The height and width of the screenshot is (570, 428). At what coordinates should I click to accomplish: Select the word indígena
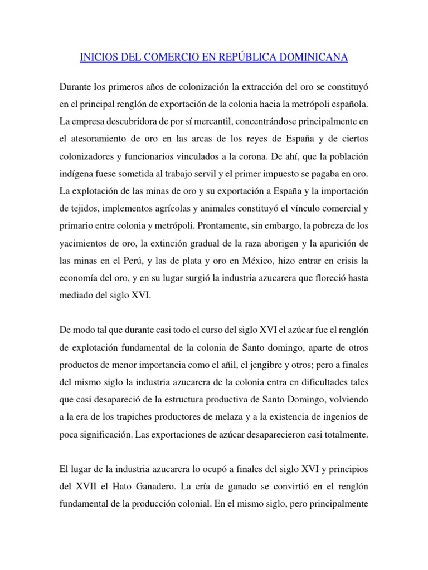click(76, 174)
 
